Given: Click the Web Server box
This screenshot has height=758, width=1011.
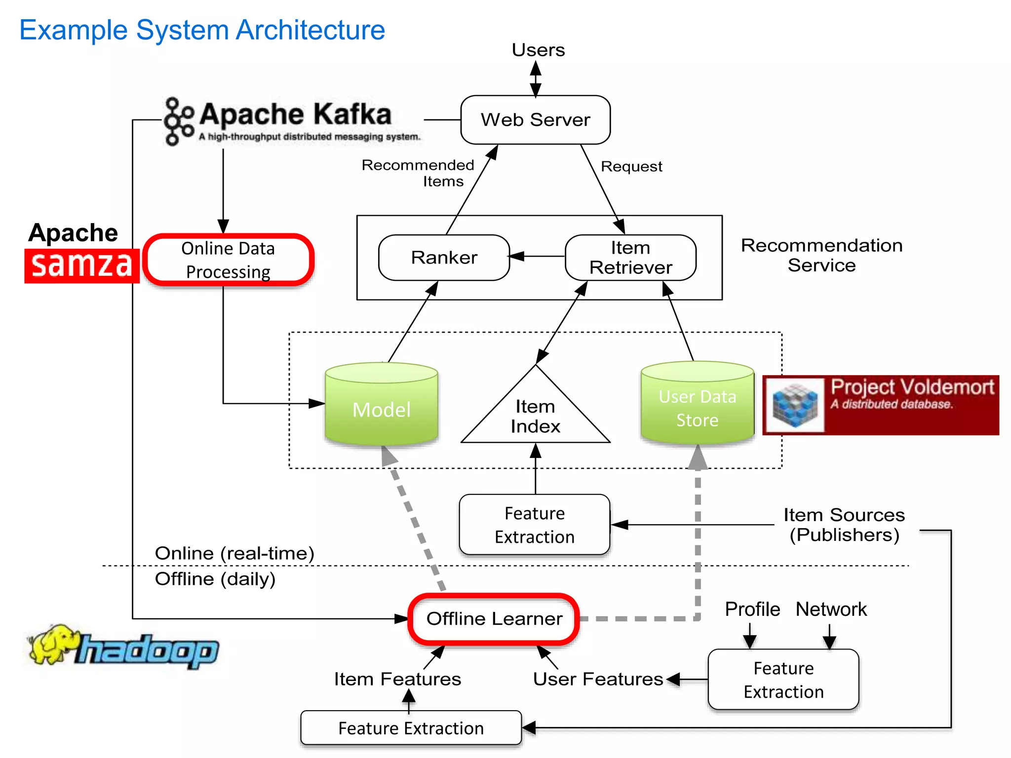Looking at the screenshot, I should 535,120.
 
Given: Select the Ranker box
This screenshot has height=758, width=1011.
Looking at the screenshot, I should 444,258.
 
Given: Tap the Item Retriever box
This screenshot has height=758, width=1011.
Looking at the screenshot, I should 630,258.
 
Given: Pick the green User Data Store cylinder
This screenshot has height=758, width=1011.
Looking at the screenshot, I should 697,407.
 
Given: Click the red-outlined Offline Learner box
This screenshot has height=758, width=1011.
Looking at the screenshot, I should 494,619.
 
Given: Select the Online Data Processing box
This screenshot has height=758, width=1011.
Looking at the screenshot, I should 228,260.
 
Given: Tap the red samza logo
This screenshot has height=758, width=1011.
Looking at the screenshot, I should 81,265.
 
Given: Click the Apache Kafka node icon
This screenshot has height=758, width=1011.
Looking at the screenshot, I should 178,121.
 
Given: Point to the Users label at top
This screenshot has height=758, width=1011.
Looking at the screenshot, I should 538,50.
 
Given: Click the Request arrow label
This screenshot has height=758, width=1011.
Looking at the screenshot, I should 631,167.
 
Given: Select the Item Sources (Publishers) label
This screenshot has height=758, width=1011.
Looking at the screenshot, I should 844,525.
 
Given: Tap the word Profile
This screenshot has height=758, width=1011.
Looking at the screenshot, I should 752,609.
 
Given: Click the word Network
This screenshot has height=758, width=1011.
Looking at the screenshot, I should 831,609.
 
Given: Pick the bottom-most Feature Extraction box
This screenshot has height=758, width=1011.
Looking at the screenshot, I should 411,728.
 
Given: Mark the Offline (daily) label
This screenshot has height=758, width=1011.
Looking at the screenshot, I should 215,579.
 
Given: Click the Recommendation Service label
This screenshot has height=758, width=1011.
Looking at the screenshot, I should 821,255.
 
